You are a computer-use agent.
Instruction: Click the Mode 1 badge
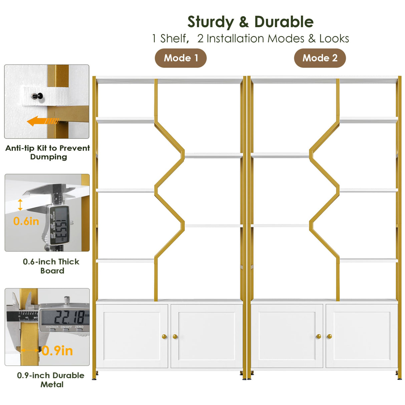pos(180,58)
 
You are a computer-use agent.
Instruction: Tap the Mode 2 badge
pos(320,58)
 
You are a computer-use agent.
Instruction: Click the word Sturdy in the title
pos(211,22)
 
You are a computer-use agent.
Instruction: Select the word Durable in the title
pos(284,22)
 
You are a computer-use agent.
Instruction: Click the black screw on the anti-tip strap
pos(35,96)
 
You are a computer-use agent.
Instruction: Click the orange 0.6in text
pos(26,221)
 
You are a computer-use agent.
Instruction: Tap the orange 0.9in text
pos(57,351)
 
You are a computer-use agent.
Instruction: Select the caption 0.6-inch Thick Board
pos(51,266)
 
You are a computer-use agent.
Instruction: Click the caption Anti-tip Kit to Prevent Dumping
pos(48,152)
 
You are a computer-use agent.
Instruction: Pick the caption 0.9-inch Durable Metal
pos(51,380)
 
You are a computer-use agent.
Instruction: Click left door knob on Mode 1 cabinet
pos(164,337)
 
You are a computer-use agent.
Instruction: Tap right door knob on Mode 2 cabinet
pos(329,337)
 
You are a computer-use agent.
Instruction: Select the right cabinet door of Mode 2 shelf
pos(362,336)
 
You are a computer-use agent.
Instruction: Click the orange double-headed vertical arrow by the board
pos(20,205)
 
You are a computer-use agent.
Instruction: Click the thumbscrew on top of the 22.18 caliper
pos(67,299)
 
